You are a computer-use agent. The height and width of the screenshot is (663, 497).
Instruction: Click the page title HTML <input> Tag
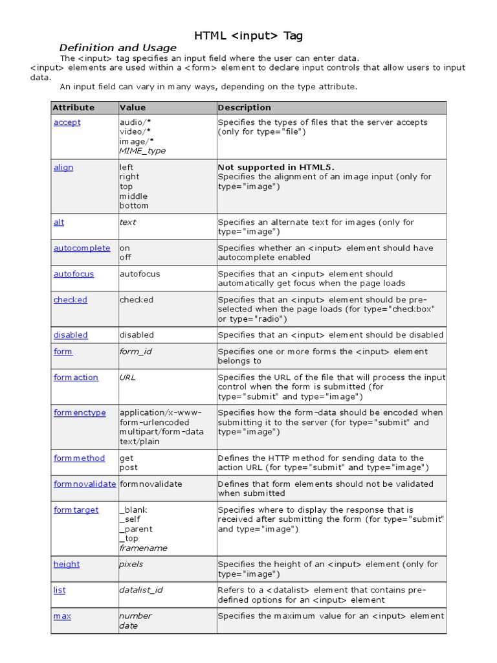[x=248, y=35]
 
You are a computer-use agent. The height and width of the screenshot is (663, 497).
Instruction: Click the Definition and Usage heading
[x=118, y=48]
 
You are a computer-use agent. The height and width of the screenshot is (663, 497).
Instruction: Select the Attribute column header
[x=73, y=107]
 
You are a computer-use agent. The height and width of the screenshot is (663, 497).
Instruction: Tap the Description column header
[x=244, y=107]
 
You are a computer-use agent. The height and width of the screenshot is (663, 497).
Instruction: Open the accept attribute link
[x=67, y=122]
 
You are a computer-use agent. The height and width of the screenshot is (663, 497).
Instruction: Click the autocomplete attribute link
[x=82, y=248]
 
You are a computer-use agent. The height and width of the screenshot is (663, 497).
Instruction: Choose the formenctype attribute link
[x=80, y=412]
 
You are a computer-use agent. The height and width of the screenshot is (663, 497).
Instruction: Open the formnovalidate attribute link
[x=84, y=484]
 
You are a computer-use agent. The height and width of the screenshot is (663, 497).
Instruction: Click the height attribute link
[x=67, y=564]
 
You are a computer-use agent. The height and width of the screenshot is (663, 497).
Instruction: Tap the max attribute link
[x=62, y=616]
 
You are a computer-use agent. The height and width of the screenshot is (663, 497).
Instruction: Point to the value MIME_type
[x=142, y=151]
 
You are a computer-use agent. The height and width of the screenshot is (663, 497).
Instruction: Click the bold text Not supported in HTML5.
[x=276, y=167]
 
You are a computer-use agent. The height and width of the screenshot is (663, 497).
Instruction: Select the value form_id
[x=135, y=352]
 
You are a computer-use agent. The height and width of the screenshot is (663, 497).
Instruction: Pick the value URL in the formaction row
[x=127, y=377]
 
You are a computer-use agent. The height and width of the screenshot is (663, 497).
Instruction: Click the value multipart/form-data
[x=161, y=432]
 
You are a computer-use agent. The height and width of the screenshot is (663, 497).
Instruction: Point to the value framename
[x=143, y=548]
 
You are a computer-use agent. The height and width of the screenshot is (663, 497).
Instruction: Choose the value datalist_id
[x=140, y=590]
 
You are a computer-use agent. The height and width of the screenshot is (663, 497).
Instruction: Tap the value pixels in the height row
[x=131, y=564]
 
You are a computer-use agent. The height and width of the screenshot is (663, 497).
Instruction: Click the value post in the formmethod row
[x=128, y=467]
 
